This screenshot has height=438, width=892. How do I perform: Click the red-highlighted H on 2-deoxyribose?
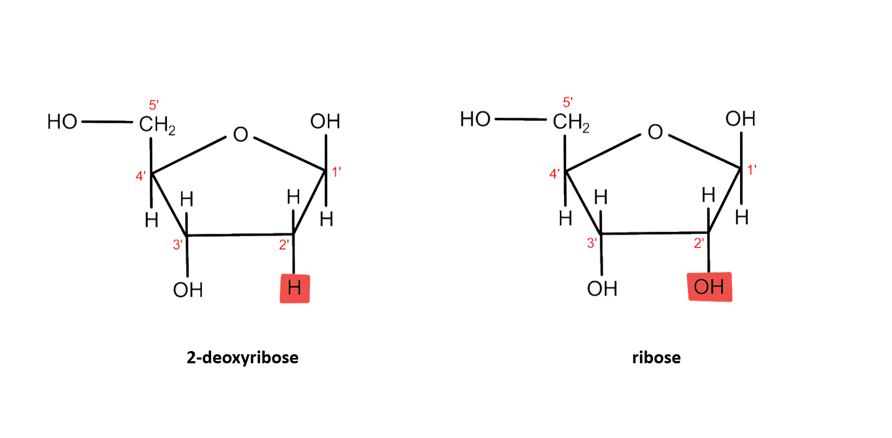[294, 289]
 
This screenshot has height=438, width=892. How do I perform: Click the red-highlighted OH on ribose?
[709, 287]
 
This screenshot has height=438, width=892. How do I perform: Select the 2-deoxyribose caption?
[243, 357]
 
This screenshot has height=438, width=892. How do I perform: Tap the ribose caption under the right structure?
[656, 357]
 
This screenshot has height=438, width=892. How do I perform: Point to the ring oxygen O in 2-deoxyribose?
[240, 134]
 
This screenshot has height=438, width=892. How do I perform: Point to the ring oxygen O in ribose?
[655, 132]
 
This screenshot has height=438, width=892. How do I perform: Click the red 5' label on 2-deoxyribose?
[154, 105]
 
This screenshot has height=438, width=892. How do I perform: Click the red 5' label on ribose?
[568, 102]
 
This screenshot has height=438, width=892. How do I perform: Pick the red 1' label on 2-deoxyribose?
[336, 172]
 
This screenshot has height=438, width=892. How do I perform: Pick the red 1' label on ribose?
[752, 170]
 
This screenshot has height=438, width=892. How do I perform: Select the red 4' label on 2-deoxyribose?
[140, 176]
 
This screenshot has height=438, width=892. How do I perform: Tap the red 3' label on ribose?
[592, 243]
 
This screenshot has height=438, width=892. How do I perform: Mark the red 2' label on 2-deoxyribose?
[284, 245]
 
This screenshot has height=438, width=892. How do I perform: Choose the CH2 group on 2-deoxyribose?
[157, 125]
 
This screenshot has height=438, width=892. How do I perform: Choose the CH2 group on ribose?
[571, 122]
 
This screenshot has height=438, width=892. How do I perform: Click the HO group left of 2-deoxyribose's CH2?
[62, 122]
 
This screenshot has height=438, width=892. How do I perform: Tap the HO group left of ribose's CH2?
[475, 119]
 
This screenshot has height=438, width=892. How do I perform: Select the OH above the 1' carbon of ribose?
[740, 118]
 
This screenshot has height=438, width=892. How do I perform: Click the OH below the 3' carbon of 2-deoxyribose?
[188, 290]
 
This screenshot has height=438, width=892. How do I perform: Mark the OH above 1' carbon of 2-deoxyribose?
[325, 121]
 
